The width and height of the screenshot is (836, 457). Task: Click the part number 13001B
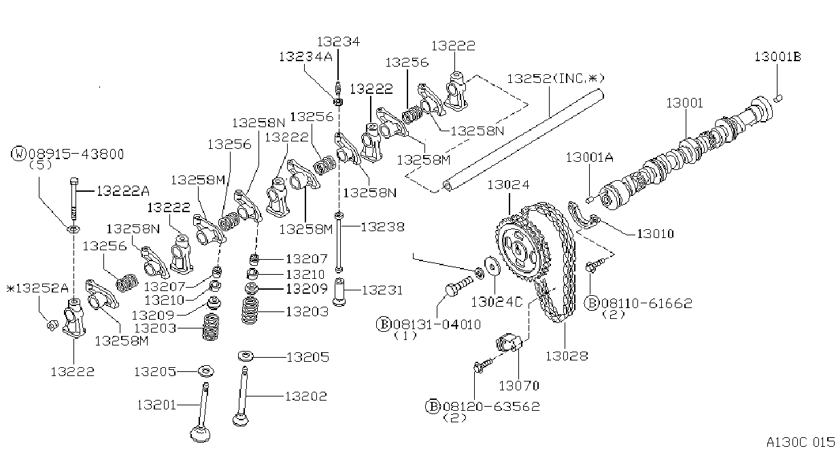[x=778, y=57]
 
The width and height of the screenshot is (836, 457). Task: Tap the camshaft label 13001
[x=684, y=103]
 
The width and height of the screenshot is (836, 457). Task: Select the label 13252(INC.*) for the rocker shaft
[x=555, y=79]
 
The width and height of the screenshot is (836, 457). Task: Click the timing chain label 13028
[x=567, y=356]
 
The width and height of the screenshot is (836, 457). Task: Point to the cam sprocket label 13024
[x=508, y=185]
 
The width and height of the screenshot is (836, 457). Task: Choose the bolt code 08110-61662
[x=647, y=303]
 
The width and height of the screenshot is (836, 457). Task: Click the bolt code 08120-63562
[x=491, y=406]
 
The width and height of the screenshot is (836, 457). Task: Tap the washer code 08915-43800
[x=76, y=154]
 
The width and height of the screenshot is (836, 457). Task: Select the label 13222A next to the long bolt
[x=123, y=191]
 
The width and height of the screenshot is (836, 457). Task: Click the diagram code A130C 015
[x=801, y=443]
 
